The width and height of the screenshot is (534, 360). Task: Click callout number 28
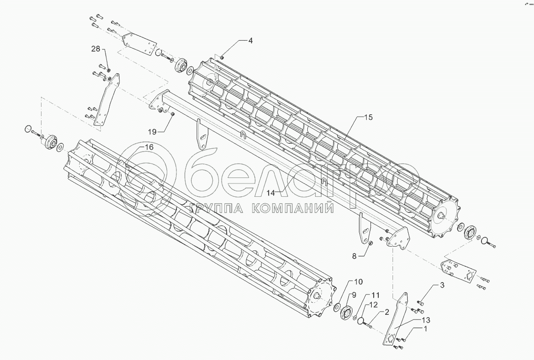(95, 49)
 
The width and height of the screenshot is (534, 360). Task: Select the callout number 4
(250, 41)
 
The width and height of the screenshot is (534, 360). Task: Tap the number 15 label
(368, 118)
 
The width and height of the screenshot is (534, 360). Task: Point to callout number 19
(153, 131)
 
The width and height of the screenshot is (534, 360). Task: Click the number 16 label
(148, 147)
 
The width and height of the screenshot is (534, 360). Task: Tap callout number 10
(358, 281)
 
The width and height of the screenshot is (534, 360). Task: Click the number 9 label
(355, 295)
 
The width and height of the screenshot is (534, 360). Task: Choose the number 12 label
(374, 305)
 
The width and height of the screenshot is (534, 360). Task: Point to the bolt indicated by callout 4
(222, 57)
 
